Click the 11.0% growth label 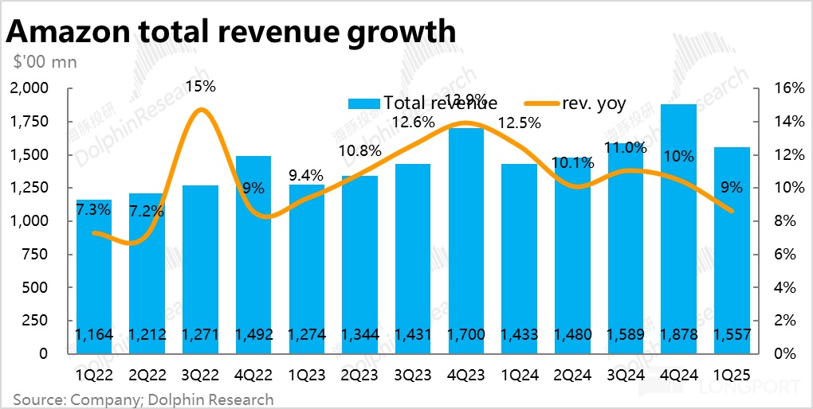click(626, 147)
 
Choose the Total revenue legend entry click(423, 103)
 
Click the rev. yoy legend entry click(575, 103)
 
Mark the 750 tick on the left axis click(37, 254)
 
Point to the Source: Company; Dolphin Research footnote click(143, 399)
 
